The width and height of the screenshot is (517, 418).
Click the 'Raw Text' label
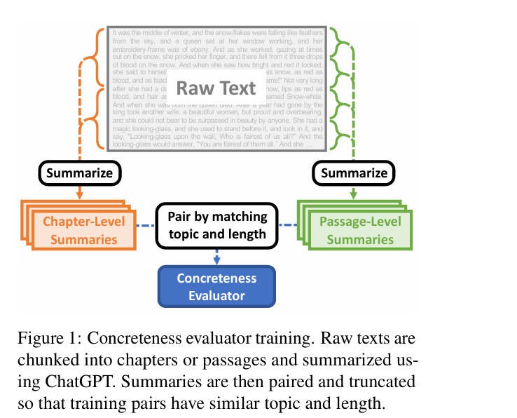pos(216,88)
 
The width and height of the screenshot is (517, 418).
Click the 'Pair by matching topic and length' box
pos(217,225)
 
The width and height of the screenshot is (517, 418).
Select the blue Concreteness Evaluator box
pos(216,287)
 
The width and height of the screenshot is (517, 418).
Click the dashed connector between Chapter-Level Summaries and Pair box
pos(146,226)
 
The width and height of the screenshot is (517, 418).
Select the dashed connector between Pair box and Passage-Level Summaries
pos(289,226)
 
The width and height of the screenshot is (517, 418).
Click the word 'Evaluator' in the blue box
pos(216,295)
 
